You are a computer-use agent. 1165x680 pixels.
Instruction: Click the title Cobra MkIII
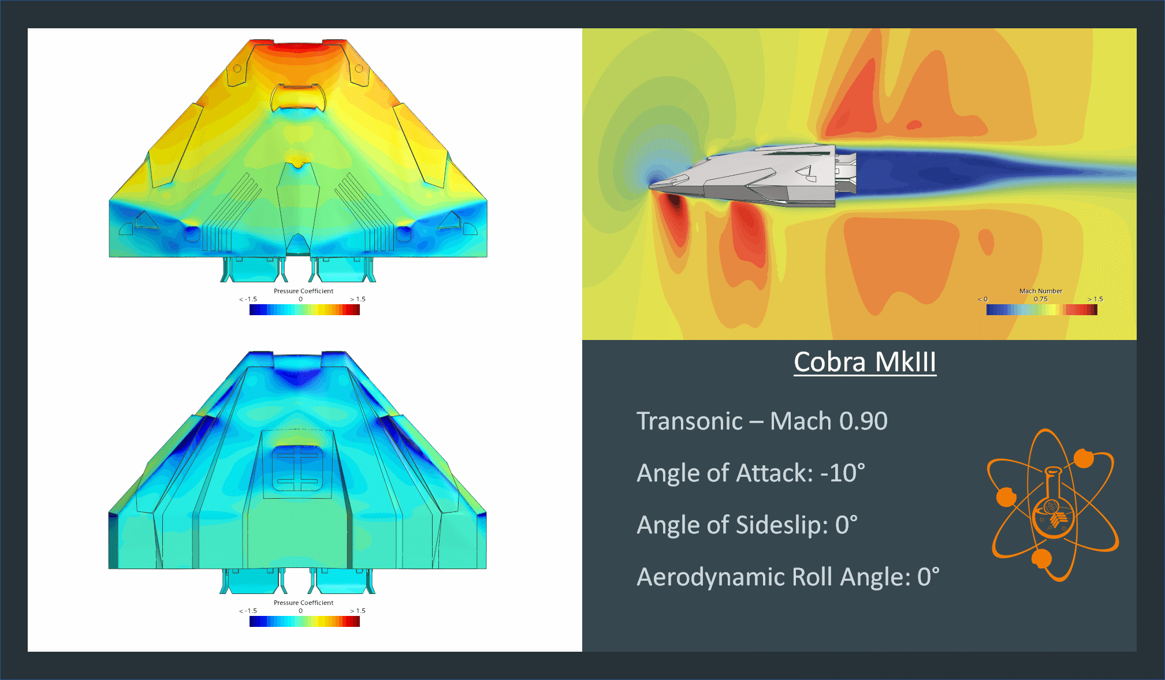865,363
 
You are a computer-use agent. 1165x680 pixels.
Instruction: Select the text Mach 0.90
829,421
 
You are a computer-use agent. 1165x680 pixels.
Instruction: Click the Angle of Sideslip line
747,525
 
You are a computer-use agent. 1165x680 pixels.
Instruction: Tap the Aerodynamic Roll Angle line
788,577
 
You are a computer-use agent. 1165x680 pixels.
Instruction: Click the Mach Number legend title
1040,291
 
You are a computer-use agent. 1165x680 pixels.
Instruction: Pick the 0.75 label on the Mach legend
1040,299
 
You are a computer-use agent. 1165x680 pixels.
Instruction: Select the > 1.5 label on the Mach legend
1095,299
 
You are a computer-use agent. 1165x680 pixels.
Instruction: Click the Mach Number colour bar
1041,309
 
